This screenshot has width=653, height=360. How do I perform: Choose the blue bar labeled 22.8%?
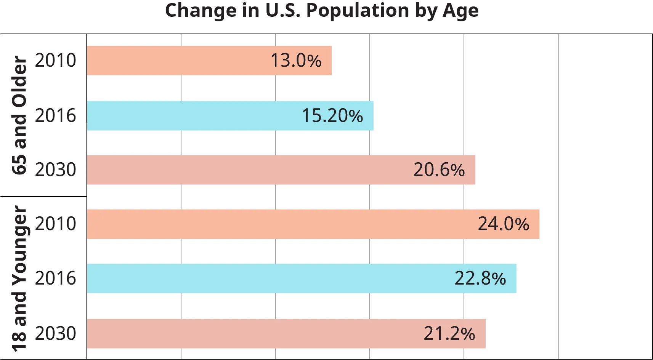coord(267,278)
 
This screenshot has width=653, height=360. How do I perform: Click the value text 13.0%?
coord(296,61)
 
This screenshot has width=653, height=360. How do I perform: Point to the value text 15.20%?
coord(332,116)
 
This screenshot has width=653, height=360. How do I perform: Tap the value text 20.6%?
coord(439,170)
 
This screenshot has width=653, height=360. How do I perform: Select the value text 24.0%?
coord(504,224)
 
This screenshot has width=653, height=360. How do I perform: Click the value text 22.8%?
coord(480,278)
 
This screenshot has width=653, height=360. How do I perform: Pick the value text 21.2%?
coord(449,334)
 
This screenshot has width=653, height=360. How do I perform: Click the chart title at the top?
coord(321,11)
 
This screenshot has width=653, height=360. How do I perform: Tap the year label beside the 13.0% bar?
coord(55,60)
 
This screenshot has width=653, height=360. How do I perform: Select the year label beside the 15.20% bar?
coord(55,115)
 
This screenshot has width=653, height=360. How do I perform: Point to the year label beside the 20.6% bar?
coord(55,169)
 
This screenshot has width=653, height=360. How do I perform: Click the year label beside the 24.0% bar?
coord(55,224)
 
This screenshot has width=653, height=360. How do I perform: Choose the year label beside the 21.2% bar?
coord(55,333)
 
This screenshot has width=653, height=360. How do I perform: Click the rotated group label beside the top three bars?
coord(18,116)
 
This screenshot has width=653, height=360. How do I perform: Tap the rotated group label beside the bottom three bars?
coord(18,278)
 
